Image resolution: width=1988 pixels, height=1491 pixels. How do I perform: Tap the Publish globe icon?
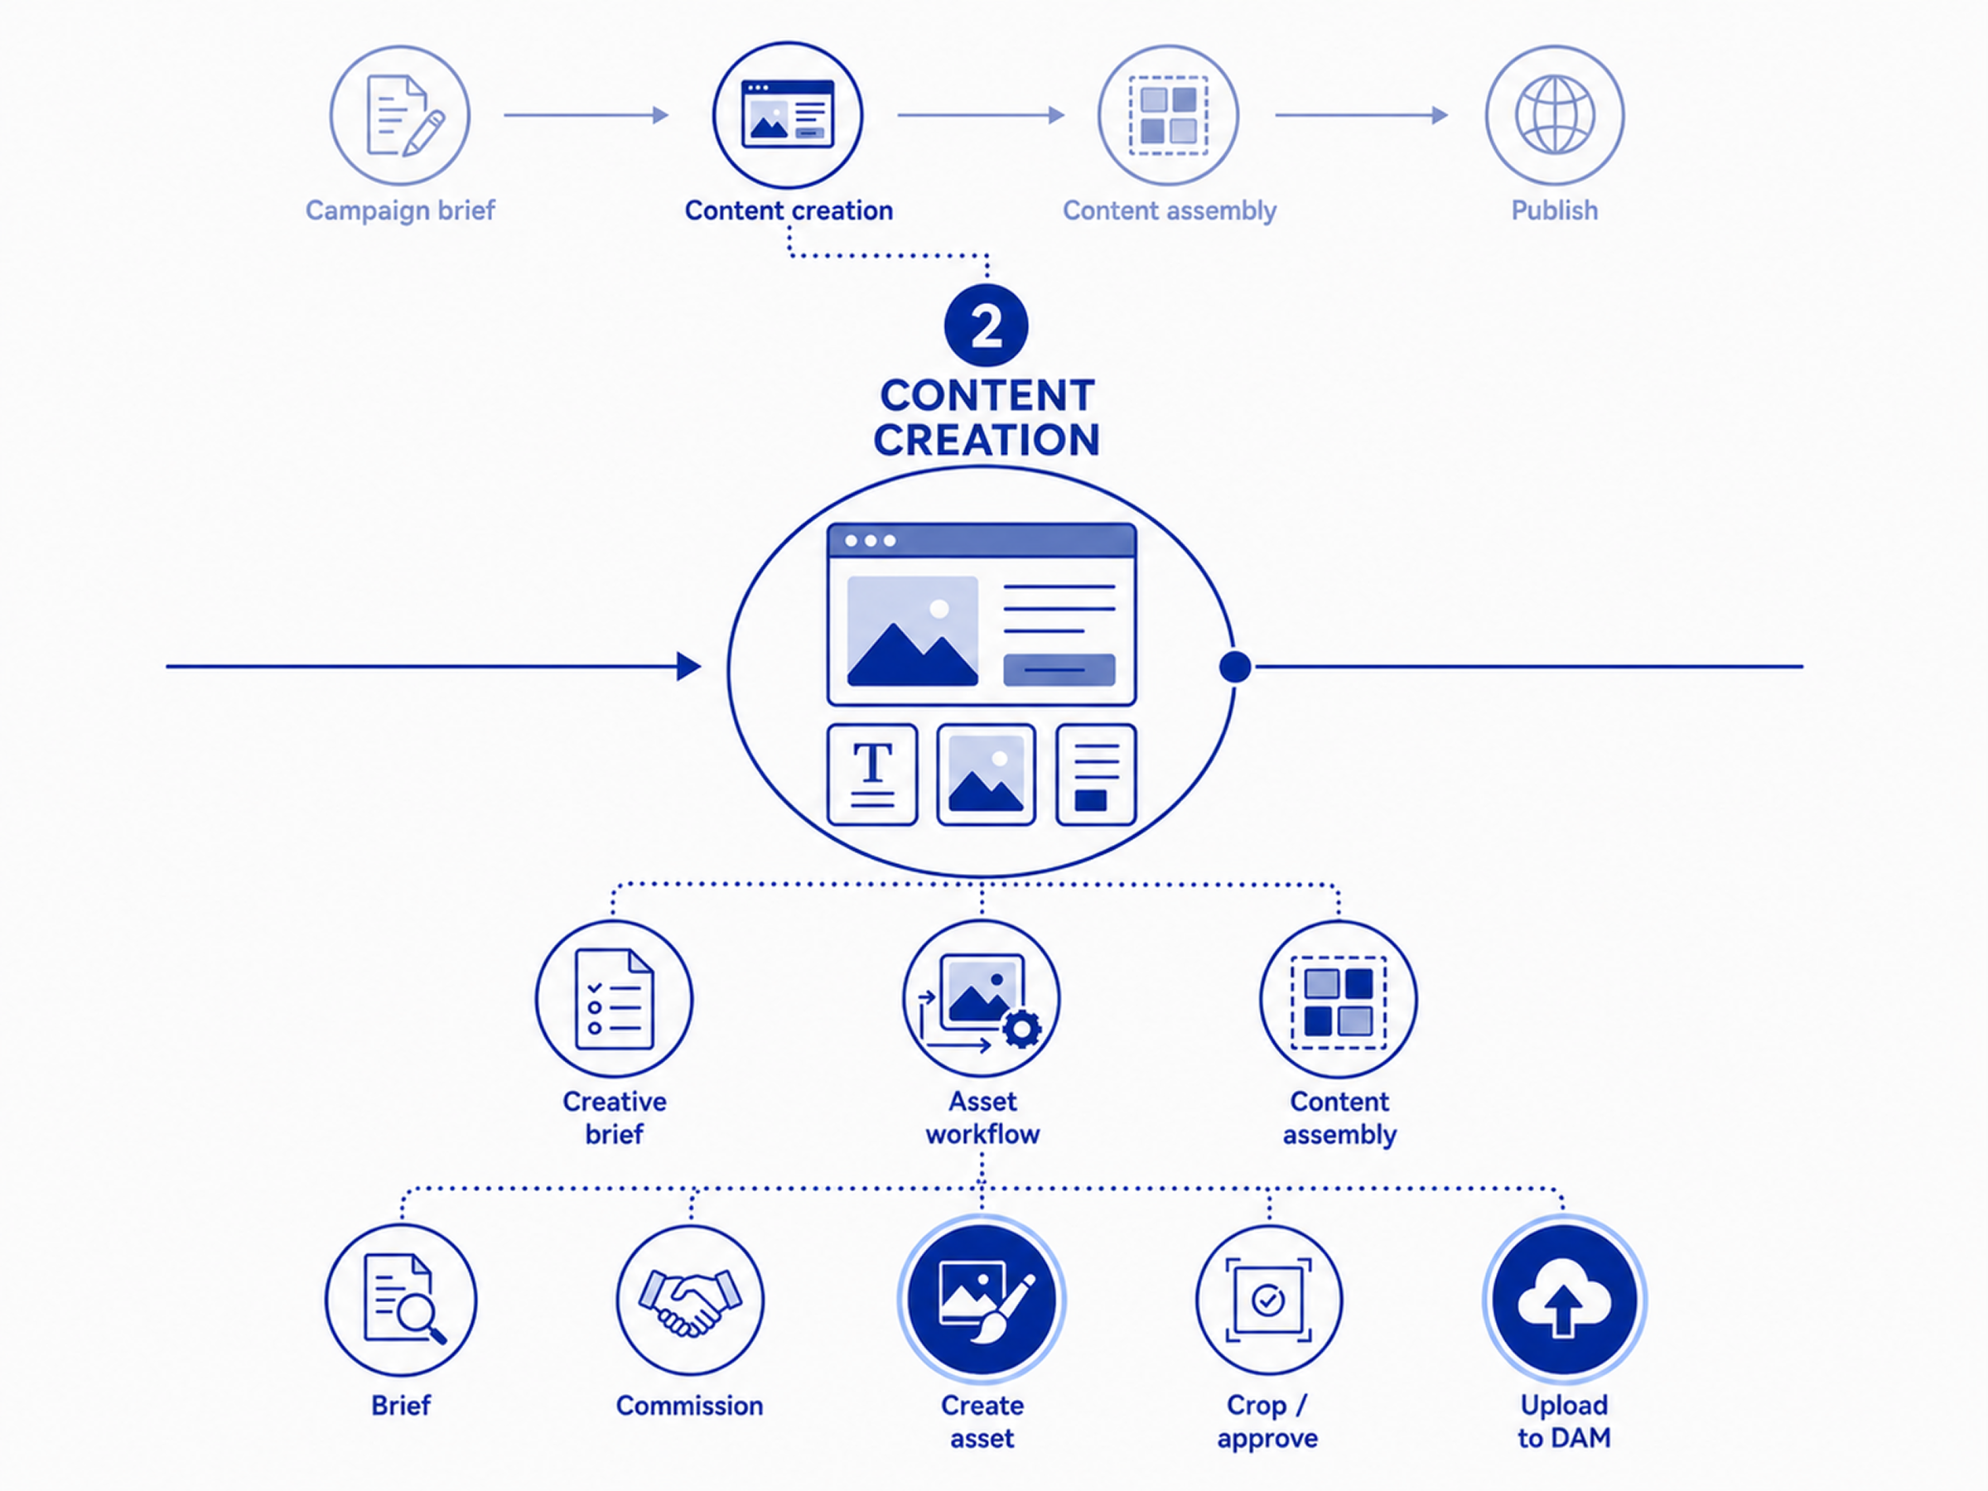1555,115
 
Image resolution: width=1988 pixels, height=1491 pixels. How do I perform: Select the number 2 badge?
986,326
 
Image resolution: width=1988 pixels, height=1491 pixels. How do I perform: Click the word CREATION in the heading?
986,441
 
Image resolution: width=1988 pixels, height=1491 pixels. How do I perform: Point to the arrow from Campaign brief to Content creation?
586,115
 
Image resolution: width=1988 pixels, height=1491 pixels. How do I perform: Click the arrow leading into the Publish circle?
1362,115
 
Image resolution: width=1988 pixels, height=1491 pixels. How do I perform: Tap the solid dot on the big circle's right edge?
1235,667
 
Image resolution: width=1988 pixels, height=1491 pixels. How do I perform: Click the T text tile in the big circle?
871,774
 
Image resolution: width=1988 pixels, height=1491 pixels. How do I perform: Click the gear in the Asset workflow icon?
1022,1030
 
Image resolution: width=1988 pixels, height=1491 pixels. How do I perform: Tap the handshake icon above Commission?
690,1300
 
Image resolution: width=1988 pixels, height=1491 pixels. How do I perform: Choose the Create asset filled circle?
982,1300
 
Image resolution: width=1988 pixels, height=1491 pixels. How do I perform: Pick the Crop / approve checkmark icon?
1268,1300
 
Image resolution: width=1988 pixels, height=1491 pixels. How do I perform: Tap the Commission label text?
689,1406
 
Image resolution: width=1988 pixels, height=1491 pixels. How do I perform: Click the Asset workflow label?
982,1118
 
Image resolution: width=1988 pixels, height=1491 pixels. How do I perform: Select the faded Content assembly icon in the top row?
1168,115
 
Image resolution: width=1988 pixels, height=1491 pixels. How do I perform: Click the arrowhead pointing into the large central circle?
689,667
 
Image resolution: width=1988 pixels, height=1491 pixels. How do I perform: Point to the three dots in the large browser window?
870,541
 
